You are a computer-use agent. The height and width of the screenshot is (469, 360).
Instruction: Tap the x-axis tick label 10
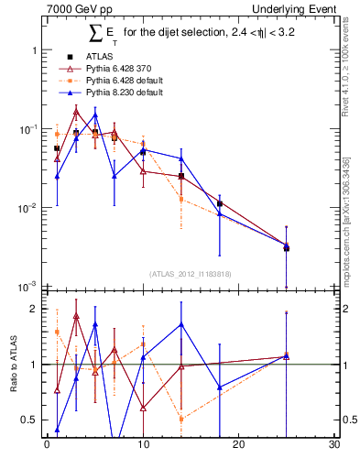coord(143,444)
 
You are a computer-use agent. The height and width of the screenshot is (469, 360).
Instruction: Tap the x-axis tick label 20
coord(238,444)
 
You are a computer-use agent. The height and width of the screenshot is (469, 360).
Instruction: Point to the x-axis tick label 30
coord(334,444)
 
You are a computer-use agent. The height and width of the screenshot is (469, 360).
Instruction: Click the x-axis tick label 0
coord(47,444)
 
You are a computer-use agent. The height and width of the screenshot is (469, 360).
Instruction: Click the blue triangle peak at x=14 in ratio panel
coord(181,323)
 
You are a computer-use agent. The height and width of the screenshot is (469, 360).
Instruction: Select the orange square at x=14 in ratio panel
coord(181,419)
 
